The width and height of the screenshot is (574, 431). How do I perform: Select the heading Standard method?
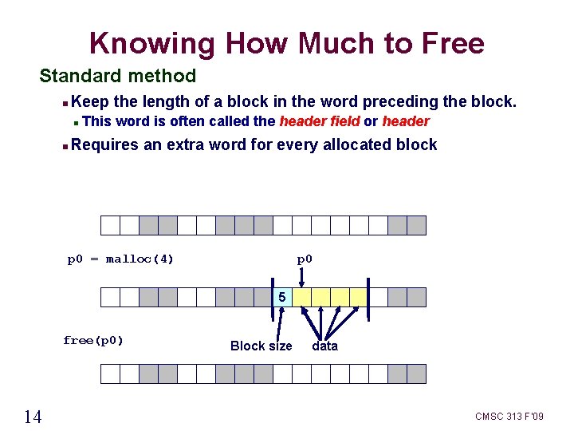pos(117,76)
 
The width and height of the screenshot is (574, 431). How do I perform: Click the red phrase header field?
pos(318,121)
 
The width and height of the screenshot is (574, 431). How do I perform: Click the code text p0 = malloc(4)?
pos(120,259)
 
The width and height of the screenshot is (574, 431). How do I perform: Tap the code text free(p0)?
pos(93,340)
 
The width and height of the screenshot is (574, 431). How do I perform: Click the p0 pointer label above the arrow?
pos(305,259)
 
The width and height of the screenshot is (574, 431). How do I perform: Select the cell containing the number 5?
pos(283,298)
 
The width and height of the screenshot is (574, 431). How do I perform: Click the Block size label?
pos(261,346)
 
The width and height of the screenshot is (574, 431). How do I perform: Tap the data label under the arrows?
pos(324,346)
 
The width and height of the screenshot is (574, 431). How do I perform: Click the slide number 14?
pos(33,416)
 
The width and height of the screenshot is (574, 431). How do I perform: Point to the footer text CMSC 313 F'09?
pos(509,417)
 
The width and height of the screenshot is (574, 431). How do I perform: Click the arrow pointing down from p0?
pos(302,277)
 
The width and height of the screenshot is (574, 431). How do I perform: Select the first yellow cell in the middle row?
pos(302,298)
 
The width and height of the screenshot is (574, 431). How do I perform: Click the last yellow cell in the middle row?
pos(359,298)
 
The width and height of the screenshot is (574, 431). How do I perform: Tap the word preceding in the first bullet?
pos(397,101)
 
